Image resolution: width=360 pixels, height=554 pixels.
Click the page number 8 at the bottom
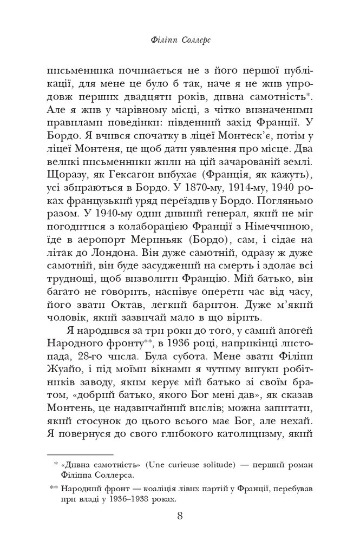click(x=180, y=516)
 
